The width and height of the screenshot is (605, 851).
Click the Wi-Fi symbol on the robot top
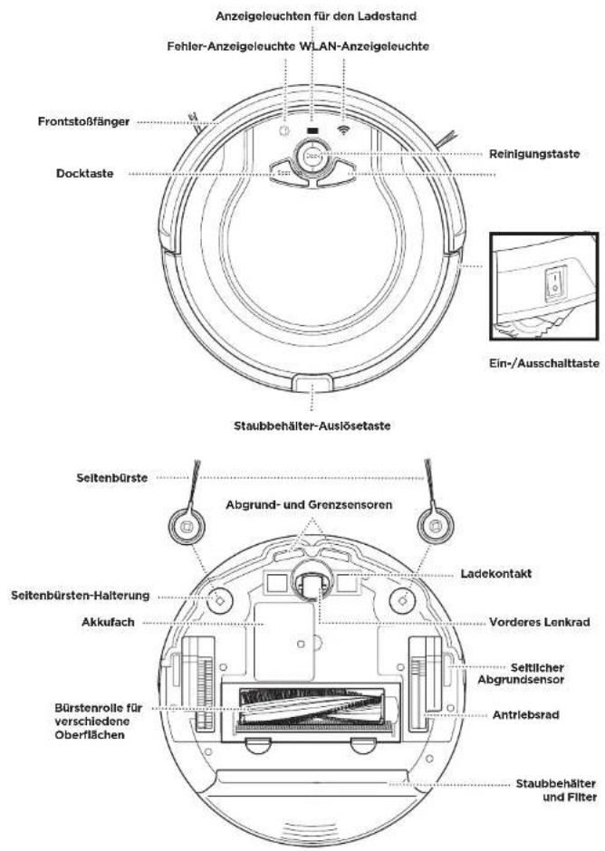point(343,129)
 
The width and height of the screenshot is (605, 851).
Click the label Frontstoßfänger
point(83,121)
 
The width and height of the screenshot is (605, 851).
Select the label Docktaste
point(85,174)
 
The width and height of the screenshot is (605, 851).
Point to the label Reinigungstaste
point(534,154)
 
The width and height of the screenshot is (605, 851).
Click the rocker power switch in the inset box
point(555,282)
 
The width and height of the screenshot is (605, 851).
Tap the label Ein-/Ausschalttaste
point(544,363)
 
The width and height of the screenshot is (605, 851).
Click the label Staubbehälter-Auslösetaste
point(312,426)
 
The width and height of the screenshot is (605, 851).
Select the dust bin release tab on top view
point(312,382)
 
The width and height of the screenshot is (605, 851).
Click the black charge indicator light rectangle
point(312,130)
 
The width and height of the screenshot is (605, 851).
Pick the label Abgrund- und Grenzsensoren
point(309,505)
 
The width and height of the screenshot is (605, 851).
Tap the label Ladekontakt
point(495,574)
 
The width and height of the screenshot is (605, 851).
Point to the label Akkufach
point(108,622)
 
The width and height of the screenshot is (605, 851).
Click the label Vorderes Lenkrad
point(539,622)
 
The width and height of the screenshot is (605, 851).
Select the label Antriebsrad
point(525,715)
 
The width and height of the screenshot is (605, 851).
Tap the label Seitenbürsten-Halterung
point(80,596)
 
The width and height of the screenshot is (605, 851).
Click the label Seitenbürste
point(112,478)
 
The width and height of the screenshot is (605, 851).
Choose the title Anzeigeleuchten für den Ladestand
point(316,16)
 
